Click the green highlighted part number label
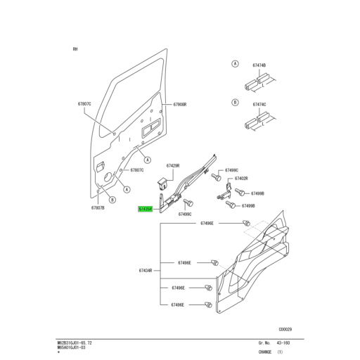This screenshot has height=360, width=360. (145, 209)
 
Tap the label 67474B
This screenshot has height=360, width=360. (258, 65)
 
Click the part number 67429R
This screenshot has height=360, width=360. (174, 166)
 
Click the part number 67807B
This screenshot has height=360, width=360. (98, 208)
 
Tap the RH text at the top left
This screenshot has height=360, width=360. (75, 49)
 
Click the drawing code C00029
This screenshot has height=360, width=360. (285, 328)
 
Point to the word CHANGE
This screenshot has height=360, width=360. (266, 351)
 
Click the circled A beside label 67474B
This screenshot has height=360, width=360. (235, 64)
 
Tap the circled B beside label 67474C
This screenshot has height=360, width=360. (235, 102)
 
